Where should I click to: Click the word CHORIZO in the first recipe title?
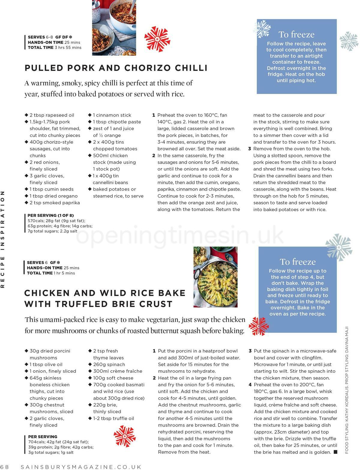(144, 68)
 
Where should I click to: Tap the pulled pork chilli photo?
(114, 28)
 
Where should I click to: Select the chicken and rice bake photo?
(215, 277)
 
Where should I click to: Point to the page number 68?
(5, 467)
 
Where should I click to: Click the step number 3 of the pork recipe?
(249, 149)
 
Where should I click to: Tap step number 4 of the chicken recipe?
(250, 385)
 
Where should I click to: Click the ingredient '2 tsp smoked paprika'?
(55, 203)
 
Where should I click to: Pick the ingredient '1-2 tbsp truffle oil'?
(113, 418)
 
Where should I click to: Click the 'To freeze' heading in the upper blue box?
(296, 34)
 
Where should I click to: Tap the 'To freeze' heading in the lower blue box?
(298, 262)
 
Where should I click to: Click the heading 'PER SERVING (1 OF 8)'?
(51, 215)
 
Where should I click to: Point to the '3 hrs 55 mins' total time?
(68, 47)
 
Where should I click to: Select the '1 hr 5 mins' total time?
(64, 273)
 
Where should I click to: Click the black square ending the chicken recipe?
(335, 452)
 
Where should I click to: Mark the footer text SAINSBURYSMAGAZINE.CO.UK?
(81, 467)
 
